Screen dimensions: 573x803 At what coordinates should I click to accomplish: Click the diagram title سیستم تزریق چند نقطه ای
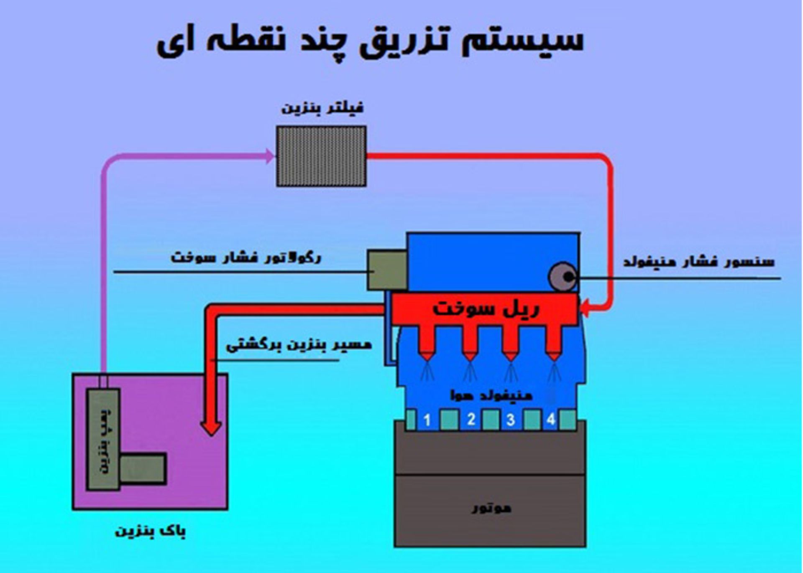[x=370, y=42]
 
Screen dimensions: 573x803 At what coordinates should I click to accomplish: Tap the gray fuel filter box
[x=321, y=156]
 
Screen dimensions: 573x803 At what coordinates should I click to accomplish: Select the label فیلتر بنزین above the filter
[x=322, y=108]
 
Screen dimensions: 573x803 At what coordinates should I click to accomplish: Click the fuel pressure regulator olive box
[x=387, y=270]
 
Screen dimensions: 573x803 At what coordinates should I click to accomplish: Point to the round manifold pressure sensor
[x=563, y=276]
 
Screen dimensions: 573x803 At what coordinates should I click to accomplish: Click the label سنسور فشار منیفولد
[x=698, y=262]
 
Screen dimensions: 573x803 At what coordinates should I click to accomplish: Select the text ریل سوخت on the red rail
[x=486, y=308]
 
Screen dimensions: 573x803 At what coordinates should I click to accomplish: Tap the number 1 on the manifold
[x=427, y=420]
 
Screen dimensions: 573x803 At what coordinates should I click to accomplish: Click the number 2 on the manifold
[x=471, y=419]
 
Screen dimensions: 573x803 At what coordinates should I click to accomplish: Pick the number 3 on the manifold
[x=510, y=420]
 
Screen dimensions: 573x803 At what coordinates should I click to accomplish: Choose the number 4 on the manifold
[x=551, y=419]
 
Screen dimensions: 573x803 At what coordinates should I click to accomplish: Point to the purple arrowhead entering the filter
[x=270, y=156]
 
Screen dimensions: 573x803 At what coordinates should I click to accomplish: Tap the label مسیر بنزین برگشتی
[x=299, y=345]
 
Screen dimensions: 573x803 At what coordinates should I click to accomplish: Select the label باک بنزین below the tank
[x=150, y=531]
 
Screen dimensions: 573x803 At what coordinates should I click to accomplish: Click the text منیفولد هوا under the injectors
[x=491, y=395]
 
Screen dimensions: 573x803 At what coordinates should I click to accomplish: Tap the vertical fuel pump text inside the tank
[x=104, y=439]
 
